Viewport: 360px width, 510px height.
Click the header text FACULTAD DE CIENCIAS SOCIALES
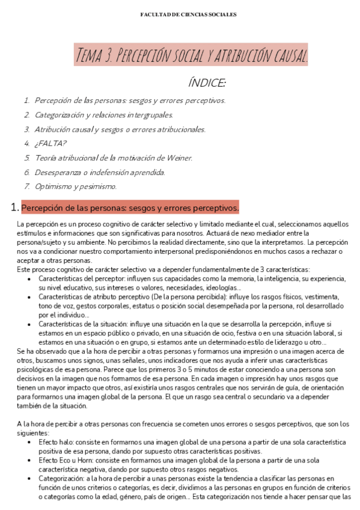coord(180,14)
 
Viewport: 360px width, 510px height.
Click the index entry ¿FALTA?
coord(50,143)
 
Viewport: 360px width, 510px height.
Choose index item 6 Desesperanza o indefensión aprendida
coord(100,172)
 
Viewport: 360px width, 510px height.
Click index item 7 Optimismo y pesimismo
coord(76,186)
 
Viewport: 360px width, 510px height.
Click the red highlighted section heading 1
coord(130,208)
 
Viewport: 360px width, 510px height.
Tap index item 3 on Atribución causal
coord(120,129)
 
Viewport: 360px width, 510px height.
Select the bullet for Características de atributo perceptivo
coord(31,296)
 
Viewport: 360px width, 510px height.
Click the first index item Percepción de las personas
coord(130,100)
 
